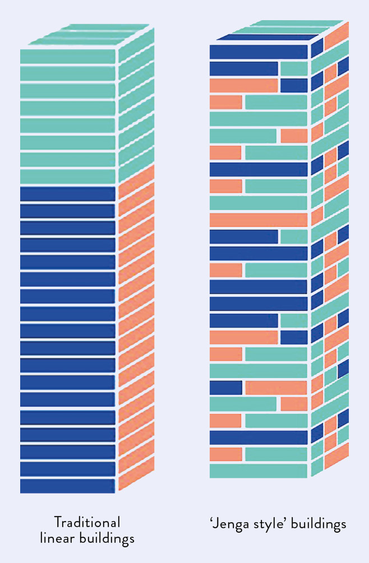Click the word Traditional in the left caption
(x=87, y=522)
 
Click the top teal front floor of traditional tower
(x=67, y=57)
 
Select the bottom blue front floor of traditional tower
(x=67, y=486)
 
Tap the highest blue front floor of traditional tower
(x=67, y=194)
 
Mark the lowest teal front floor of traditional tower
(x=67, y=176)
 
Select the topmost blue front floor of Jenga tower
(x=259, y=52)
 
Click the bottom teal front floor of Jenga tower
(x=259, y=471)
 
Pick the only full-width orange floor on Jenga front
(x=259, y=220)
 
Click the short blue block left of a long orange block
(x=226, y=387)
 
